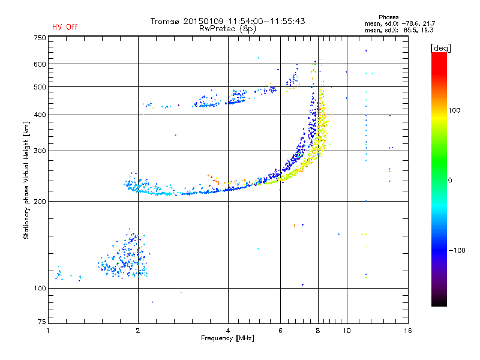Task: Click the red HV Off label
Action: coord(65,27)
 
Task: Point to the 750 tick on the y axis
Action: coord(40,38)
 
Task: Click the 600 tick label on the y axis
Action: coord(40,64)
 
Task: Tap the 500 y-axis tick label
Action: coord(40,87)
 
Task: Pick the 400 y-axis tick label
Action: coord(40,115)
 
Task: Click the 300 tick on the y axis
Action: coord(40,151)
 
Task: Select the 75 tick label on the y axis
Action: coord(41,325)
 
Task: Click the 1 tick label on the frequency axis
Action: coord(48,331)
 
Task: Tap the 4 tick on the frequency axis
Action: coord(228,331)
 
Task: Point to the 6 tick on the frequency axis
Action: coord(280,331)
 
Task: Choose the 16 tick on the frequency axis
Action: coord(407,331)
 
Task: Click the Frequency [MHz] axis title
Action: coord(227,339)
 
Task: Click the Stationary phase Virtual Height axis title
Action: coord(26,181)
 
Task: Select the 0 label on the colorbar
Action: coord(450,180)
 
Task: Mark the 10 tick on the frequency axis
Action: coord(346,331)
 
